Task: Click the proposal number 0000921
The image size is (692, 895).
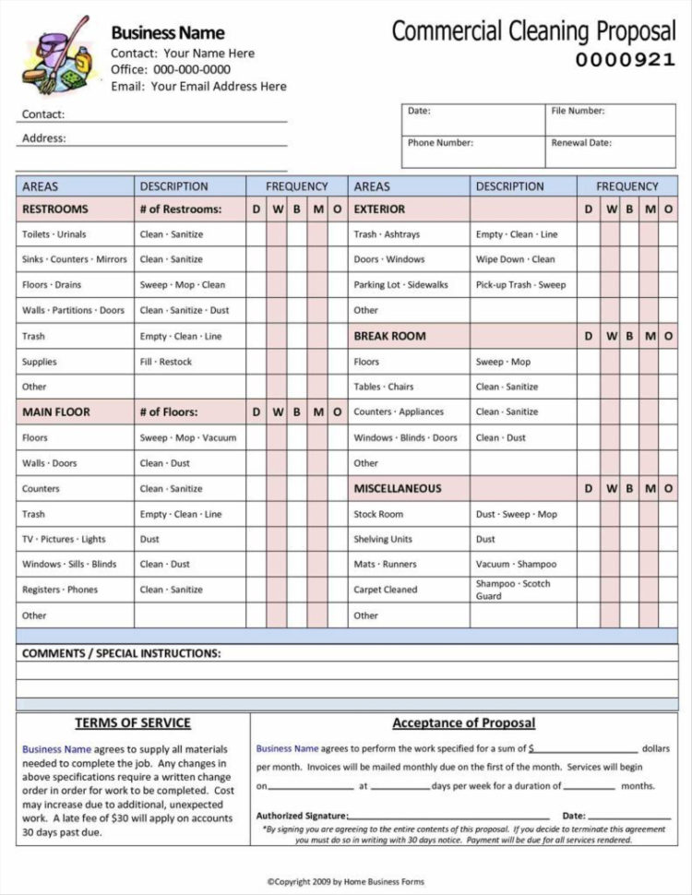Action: (x=626, y=60)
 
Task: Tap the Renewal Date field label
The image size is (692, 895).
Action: (x=581, y=143)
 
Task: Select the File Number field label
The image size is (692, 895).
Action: (x=578, y=111)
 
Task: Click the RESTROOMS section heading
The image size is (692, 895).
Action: (x=55, y=209)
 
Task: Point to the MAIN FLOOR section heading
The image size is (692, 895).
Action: (x=56, y=412)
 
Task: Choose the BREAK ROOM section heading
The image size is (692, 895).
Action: (x=389, y=337)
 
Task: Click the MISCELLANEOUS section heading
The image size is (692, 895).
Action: (x=398, y=489)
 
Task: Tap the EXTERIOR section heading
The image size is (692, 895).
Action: (x=379, y=209)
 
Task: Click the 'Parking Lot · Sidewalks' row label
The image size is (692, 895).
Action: (x=400, y=285)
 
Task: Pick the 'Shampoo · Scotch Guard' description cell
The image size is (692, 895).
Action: (x=513, y=590)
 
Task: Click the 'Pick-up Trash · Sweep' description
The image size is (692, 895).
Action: (x=520, y=285)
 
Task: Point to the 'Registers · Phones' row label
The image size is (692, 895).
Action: (x=60, y=590)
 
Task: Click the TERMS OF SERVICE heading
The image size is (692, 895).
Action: (x=133, y=723)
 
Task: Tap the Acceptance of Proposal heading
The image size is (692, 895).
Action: (x=463, y=723)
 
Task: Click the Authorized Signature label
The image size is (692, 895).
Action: (x=302, y=816)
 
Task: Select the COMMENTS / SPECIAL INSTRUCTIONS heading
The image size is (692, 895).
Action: (x=121, y=653)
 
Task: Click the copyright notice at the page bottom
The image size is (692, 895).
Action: (x=345, y=882)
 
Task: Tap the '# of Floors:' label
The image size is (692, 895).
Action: (x=168, y=412)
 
